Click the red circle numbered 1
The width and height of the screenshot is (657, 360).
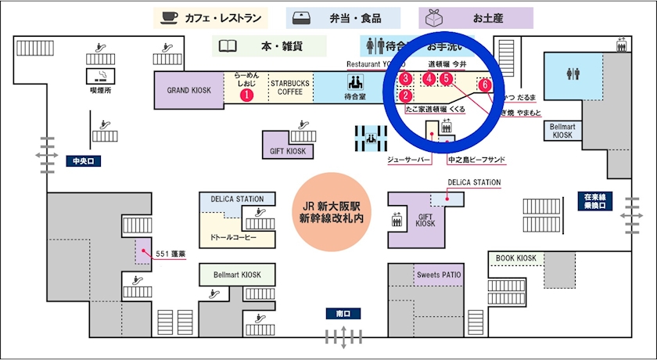246,95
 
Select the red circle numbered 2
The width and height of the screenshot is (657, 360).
406,96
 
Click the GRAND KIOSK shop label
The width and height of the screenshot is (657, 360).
189,90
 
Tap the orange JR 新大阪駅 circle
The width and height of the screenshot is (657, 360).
328,211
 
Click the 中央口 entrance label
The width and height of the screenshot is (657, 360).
83,162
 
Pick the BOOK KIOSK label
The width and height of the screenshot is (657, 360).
516,258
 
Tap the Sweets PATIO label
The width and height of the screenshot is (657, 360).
439,275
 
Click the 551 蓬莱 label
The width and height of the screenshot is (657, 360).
170,253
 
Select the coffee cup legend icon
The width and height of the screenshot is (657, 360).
168,17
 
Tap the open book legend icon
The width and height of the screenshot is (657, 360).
228,46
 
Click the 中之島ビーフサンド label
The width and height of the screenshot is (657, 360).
476,160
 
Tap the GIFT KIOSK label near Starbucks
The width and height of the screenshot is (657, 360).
286,151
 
